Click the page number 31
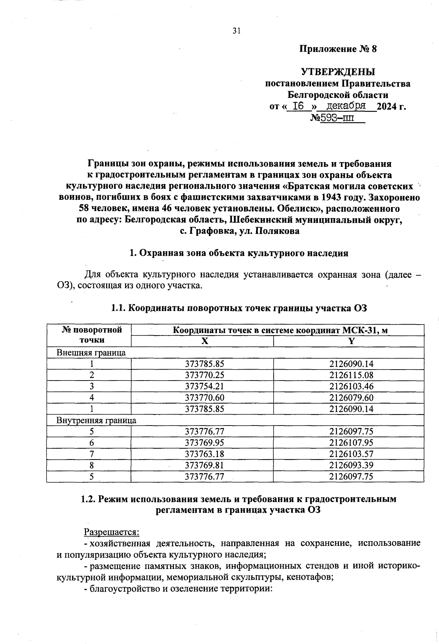237,31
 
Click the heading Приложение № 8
338,49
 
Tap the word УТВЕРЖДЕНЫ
338,72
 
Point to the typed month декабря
346,106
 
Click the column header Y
351,341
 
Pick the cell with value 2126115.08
351,375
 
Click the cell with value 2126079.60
351,398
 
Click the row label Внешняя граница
91,353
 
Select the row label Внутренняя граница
96,420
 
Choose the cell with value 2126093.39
351,465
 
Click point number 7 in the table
91,454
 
